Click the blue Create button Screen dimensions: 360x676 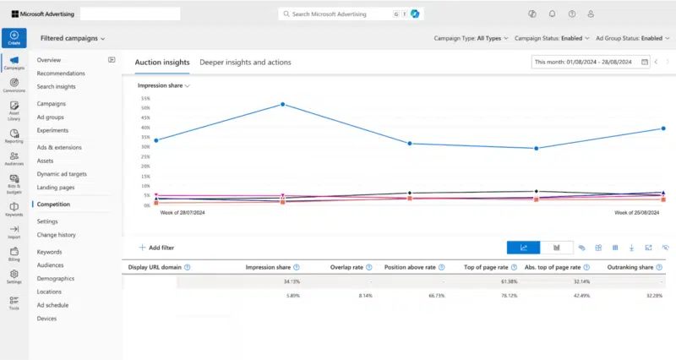14,38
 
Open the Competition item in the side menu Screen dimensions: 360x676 53,205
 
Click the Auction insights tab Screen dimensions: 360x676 161,63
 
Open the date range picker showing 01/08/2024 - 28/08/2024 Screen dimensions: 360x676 591,62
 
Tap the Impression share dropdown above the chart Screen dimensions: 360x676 163,86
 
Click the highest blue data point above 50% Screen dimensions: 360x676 282,105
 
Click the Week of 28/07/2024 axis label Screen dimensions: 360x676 183,213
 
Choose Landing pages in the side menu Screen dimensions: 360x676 56,188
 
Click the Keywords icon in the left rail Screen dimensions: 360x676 14,209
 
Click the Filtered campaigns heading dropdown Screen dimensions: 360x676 73,38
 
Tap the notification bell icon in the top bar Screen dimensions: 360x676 552,14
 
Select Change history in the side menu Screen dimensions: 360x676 57,235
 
